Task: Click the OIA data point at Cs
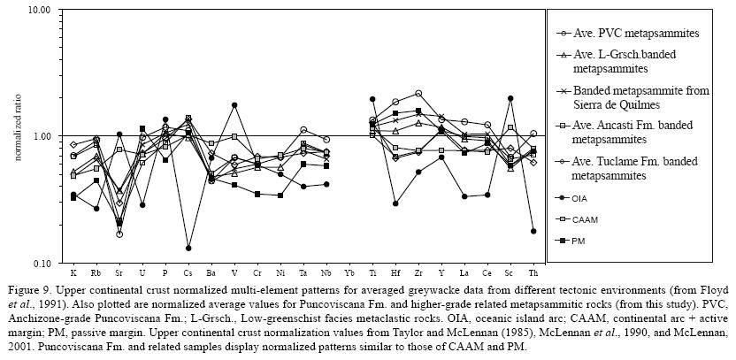pos(188,248)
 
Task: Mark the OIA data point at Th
pos(533,231)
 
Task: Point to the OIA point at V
pos(234,105)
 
